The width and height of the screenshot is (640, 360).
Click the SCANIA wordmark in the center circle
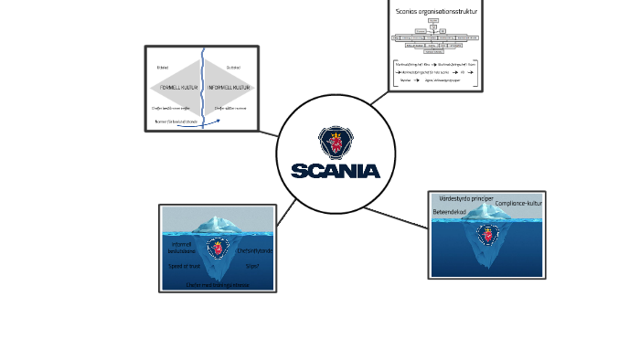point(336,171)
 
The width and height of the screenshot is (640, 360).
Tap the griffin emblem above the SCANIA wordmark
point(336,143)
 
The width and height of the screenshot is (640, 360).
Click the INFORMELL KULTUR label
point(229,88)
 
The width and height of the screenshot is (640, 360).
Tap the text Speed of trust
point(183,266)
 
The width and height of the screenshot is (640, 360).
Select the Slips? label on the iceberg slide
point(252,266)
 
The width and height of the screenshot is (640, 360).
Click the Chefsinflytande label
point(254,250)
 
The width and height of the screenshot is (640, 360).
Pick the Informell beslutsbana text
point(183,247)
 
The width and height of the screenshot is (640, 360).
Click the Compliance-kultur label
point(518,203)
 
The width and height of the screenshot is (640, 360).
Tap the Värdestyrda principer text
point(466,197)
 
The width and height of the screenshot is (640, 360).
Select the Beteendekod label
point(449,212)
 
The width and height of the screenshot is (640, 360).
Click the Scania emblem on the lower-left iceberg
point(217,247)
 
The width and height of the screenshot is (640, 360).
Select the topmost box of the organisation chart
point(433,19)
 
